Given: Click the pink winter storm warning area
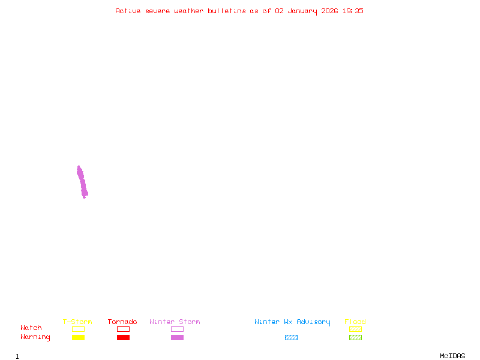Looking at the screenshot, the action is (82, 182).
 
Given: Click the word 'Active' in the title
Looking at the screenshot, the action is (128, 11).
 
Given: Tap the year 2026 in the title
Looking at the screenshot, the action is (329, 11).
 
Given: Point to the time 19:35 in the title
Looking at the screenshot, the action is (353, 11).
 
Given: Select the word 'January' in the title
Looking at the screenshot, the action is (302, 11).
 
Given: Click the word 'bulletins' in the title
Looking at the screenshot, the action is (227, 11).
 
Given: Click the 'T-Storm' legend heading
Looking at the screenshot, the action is (77, 322).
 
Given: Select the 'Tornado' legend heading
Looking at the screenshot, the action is (122, 322).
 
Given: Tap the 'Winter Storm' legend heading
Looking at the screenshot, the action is (175, 322).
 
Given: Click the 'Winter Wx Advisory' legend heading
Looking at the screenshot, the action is (292, 322).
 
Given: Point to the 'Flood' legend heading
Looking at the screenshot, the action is (355, 322).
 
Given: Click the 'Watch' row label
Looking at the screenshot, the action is (31, 328).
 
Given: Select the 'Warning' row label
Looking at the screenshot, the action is (35, 337).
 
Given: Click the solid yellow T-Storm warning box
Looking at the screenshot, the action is (79, 337).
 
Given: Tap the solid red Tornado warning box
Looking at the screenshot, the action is (124, 337).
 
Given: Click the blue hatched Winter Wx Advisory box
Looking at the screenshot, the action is (291, 337).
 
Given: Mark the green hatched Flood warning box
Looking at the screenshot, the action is (355, 337).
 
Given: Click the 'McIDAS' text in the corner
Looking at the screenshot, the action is (452, 356).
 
